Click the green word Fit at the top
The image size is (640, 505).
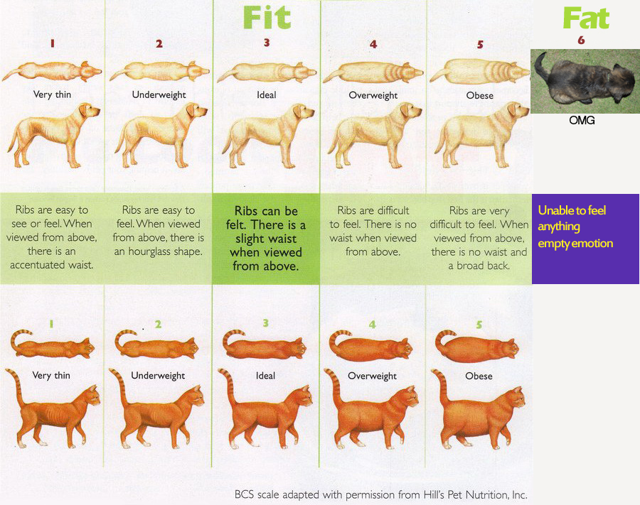point(267,18)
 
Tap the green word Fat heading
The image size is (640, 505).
point(586,18)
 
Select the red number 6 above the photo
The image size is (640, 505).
point(581,40)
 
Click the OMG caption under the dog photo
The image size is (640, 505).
point(582,120)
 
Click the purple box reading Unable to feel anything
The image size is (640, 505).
point(585,239)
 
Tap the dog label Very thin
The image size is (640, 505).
point(52,94)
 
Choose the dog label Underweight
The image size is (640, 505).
point(159,95)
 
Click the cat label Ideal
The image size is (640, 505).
point(265,376)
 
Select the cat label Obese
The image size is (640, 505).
point(479,376)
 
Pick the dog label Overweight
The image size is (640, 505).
point(373,95)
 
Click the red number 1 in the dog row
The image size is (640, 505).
point(52,43)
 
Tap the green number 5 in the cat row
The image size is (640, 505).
point(479,325)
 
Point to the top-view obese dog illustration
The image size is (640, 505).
point(479,72)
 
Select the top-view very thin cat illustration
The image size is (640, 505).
point(52,346)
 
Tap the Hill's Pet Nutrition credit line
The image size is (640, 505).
point(381,495)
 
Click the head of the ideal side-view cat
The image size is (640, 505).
point(302,396)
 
